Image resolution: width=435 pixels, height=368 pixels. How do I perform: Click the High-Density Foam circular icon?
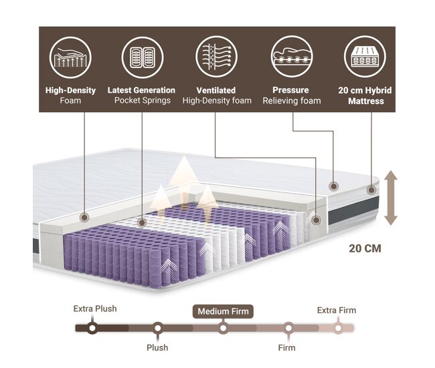(70, 57)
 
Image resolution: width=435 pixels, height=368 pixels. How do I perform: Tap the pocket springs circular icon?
(143, 57)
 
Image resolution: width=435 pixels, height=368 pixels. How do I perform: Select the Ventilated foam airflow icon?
(216, 57)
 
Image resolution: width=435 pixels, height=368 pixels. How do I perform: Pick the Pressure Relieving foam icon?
(292, 57)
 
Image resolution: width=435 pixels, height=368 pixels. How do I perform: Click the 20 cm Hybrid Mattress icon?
(365, 57)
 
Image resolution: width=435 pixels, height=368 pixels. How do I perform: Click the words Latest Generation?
(141, 90)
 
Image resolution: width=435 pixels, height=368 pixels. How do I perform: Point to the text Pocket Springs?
(143, 100)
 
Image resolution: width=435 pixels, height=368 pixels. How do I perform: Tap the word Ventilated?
(216, 90)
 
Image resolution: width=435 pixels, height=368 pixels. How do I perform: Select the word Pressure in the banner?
(290, 90)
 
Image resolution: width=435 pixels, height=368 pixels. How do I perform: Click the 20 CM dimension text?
(365, 248)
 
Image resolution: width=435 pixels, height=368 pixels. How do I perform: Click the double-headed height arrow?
(391, 198)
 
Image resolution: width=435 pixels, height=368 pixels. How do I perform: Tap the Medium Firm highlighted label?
(223, 311)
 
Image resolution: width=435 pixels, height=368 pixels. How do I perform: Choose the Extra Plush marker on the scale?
(92, 329)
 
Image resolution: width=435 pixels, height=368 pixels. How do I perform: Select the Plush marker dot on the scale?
(157, 329)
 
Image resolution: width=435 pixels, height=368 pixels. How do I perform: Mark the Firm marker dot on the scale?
(288, 329)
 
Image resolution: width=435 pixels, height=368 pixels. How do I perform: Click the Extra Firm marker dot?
(338, 329)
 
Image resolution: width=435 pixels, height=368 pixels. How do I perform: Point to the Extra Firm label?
(337, 311)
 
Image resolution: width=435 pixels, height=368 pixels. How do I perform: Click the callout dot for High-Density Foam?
(84, 217)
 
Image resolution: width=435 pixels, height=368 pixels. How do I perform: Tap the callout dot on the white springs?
(142, 222)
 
